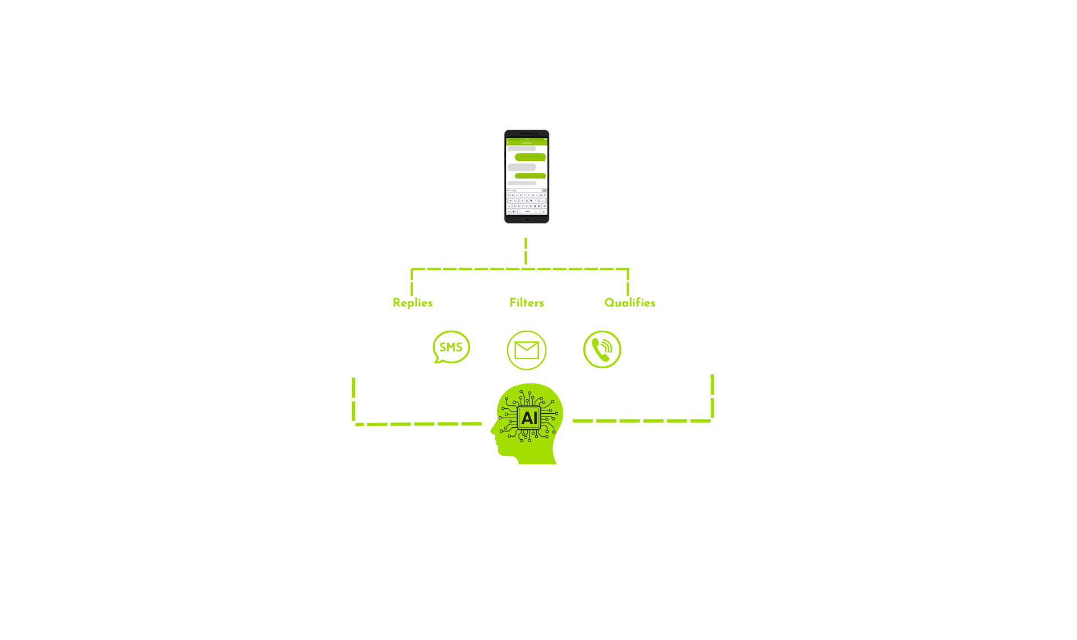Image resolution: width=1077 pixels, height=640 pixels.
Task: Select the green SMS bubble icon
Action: [451, 347]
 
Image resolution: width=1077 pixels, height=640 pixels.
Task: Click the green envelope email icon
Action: [526, 350]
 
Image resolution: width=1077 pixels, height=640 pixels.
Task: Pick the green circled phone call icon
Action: [602, 349]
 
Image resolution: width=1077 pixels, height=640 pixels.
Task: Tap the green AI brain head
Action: [527, 422]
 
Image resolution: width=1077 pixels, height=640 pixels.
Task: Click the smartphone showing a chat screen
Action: [526, 177]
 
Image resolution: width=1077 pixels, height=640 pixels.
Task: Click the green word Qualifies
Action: [629, 303]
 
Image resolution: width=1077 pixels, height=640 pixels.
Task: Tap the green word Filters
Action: [526, 303]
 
